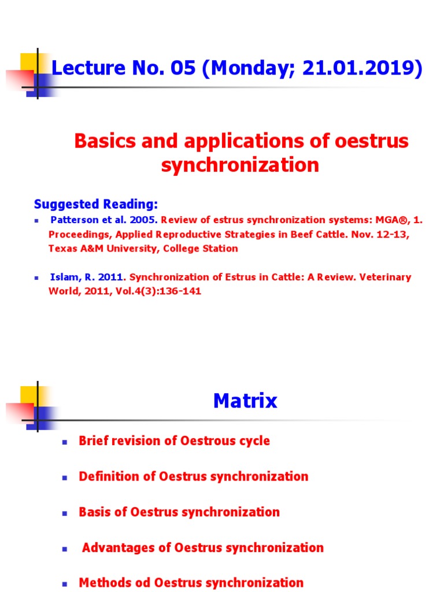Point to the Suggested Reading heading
[96, 204]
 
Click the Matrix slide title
[245, 401]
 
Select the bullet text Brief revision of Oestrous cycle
[174, 441]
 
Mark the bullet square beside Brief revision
[65, 442]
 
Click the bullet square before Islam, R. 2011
[36, 277]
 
